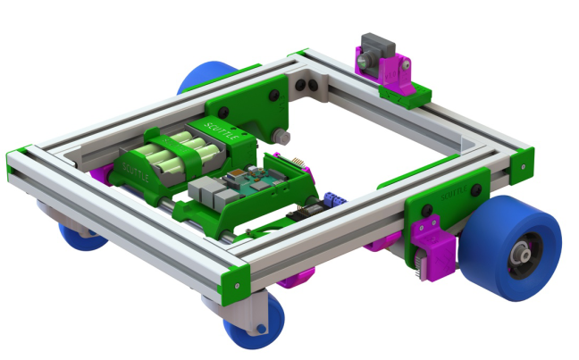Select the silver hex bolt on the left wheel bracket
click(x=283, y=136)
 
